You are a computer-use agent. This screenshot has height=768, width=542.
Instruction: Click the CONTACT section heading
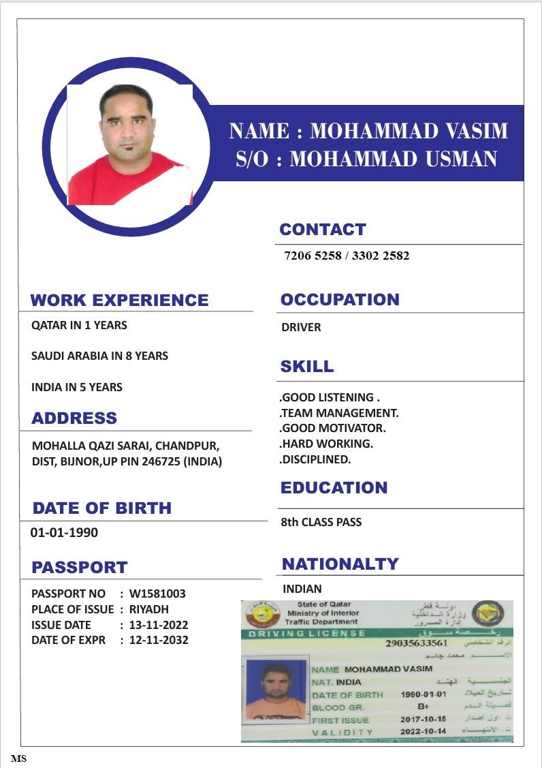[x=323, y=230]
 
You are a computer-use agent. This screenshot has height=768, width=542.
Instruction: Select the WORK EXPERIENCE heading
[x=119, y=300]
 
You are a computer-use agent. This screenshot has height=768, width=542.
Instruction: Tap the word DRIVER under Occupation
[x=301, y=327]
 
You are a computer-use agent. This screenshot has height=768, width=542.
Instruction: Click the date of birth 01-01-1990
[x=64, y=532]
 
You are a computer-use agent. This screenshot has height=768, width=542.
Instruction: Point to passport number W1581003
[x=157, y=594]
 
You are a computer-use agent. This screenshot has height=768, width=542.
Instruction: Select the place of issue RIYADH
[x=149, y=609]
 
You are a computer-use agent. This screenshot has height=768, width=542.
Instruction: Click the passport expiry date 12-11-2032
[x=159, y=640]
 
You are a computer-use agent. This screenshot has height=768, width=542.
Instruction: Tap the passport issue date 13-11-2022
[x=159, y=625]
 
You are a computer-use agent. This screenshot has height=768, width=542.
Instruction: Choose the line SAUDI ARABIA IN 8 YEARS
[x=99, y=356]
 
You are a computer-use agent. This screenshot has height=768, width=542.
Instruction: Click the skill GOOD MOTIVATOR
[x=334, y=428]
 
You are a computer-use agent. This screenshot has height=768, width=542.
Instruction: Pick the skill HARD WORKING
[x=327, y=444]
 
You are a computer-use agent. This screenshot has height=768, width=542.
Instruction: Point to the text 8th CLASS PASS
[x=321, y=522]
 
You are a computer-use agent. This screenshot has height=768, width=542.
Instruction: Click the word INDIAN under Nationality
[x=302, y=588]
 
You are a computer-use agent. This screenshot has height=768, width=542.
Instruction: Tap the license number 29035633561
[x=416, y=643]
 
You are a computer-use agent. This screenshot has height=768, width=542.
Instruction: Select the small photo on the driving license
[x=276, y=690]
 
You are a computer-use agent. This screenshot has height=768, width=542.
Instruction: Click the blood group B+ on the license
[x=423, y=707]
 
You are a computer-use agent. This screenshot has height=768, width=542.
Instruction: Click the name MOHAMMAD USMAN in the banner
[x=394, y=159]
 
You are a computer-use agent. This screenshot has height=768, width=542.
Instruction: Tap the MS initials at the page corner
[x=18, y=758]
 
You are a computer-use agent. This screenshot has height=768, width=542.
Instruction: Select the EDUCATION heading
[x=334, y=487]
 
